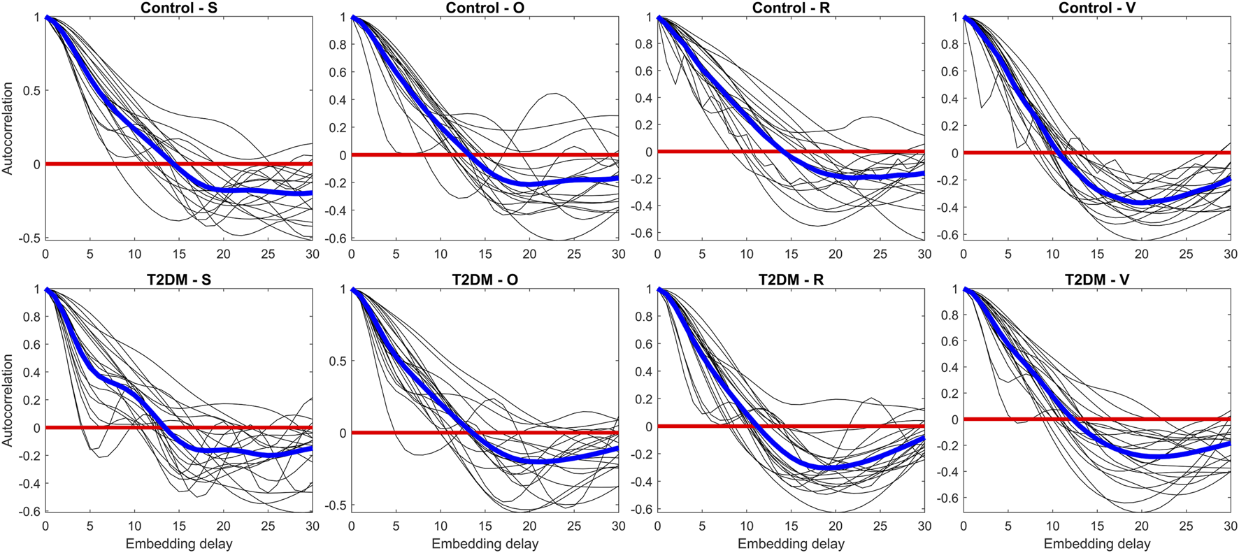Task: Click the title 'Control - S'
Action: pos(178,8)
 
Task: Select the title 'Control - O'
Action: pos(485,8)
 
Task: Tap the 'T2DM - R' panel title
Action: pos(791,280)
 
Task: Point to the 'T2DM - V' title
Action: pos(1096,280)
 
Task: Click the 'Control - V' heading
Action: pos(1096,8)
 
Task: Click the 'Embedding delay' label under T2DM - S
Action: pos(178,544)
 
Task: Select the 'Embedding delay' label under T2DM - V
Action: pos(1096,544)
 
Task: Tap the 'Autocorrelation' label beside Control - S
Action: pos(8,128)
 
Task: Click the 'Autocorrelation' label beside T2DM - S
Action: pos(8,400)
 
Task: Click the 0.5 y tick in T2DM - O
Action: pos(339,361)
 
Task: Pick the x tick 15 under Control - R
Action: pos(791,254)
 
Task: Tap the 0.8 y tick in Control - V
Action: pos(948,44)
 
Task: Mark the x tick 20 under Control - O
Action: pos(529,254)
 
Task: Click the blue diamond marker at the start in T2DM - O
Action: pos(352,289)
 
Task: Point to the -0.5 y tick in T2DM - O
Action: pos(337,505)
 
